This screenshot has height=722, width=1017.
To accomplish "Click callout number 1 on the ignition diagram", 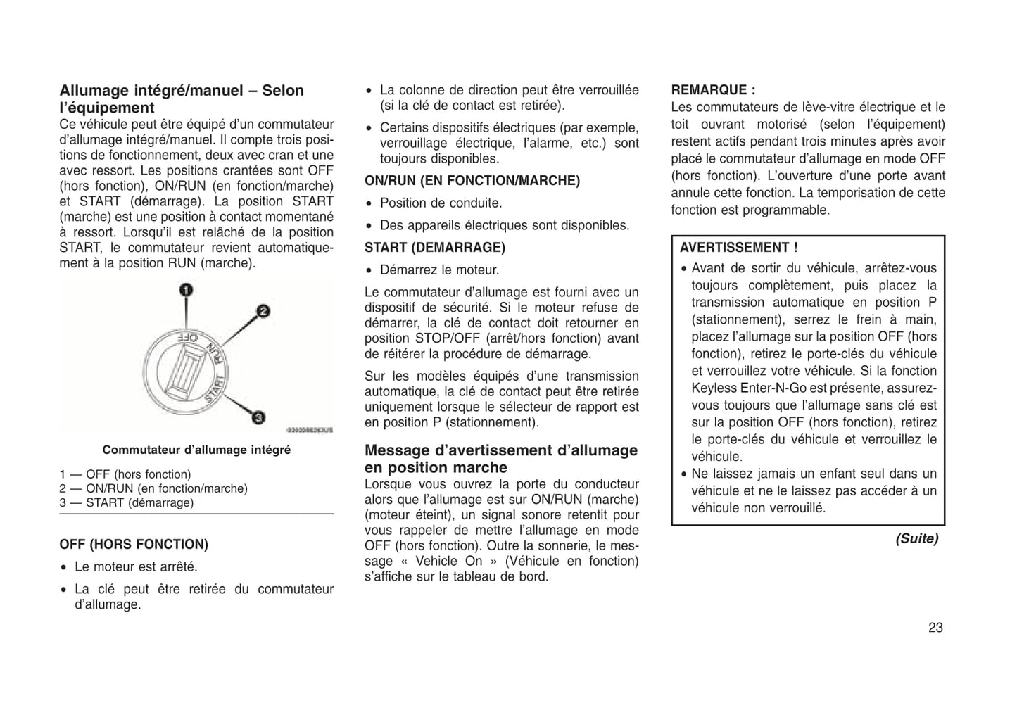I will pyautogui.click(x=186, y=289).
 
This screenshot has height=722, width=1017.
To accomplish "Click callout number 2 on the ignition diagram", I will pyautogui.click(x=263, y=311).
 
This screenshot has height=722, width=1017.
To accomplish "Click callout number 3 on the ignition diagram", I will pyautogui.click(x=258, y=417).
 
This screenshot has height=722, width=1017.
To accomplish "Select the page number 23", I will pyautogui.click(x=935, y=628).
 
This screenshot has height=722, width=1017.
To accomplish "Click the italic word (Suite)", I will pyautogui.click(x=916, y=538).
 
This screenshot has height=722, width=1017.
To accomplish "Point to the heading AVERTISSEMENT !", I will pyautogui.click(x=738, y=248).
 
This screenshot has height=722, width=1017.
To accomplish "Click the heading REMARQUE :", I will pyautogui.click(x=713, y=90).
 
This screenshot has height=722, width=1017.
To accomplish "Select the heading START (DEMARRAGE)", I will pyautogui.click(x=434, y=248).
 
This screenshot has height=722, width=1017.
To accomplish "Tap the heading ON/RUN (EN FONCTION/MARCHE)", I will pyautogui.click(x=472, y=181).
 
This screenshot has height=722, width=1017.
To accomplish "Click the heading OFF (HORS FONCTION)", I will pyautogui.click(x=134, y=545).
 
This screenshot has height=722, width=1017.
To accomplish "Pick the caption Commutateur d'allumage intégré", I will pyautogui.click(x=196, y=450).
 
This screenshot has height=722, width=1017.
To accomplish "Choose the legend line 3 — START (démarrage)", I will pyautogui.click(x=126, y=502).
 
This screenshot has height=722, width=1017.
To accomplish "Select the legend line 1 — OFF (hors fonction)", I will pyautogui.click(x=125, y=474).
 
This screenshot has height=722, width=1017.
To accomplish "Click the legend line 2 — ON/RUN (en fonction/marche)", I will pyautogui.click(x=153, y=488).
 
